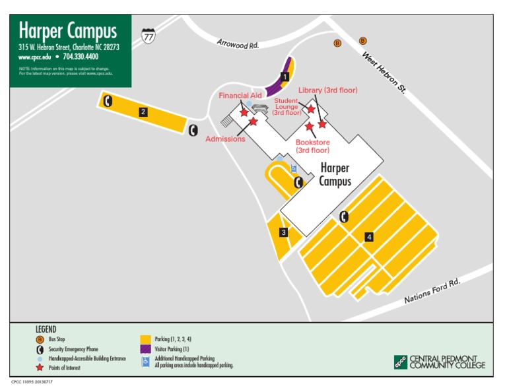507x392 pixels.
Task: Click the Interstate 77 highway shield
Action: click(149, 36)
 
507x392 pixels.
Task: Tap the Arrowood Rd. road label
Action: click(238, 44)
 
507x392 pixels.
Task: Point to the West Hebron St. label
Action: click(384, 72)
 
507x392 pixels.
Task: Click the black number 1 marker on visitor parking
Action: click(285, 77)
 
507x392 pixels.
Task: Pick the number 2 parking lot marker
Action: click(143, 112)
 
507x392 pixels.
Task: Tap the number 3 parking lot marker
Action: click(283, 232)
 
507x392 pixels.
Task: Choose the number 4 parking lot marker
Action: click(369, 237)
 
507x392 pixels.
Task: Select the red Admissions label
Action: click(225, 139)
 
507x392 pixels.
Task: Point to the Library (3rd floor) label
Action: click(327, 90)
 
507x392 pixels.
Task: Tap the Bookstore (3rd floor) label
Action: click(313, 146)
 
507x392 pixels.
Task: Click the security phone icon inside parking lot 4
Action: click(343, 216)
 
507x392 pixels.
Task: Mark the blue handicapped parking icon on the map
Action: click(294, 169)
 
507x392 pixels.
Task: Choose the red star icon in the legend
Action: click(40, 368)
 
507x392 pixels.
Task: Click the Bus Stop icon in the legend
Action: click(40, 339)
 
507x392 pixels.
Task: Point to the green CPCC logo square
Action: click(400, 362)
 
